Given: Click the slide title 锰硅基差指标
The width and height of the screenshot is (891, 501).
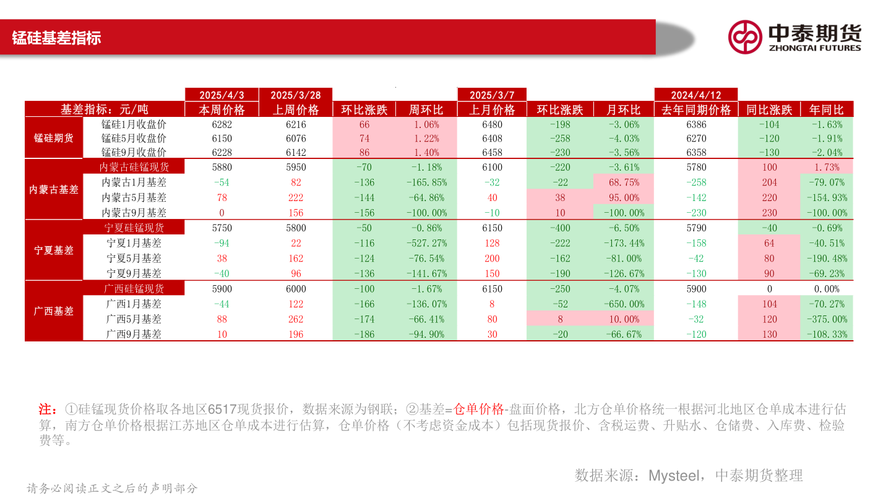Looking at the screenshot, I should pyautogui.click(x=56, y=38).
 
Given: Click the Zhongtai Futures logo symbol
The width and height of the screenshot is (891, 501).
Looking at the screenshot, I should pyautogui.click(x=744, y=37).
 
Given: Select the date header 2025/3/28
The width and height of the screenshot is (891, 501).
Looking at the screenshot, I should pyautogui.click(x=296, y=95).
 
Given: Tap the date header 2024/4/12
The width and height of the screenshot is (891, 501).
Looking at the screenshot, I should pyautogui.click(x=696, y=95).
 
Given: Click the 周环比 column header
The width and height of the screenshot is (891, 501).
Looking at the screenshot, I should pyautogui.click(x=426, y=110).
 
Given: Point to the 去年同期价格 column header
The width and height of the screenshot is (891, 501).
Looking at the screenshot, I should pyautogui.click(x=696, y=110).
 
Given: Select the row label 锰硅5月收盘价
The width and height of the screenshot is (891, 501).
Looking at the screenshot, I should pyautogui.click(x=134, y=139).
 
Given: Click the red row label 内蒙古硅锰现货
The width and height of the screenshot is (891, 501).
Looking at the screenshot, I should pyautogui.click(x=134, y=167).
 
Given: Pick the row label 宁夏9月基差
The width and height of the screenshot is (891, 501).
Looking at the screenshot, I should pyautogui.click(x=134, y=273).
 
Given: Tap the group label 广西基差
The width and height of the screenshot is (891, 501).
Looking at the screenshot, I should pyautogui.click(x=54, y=311).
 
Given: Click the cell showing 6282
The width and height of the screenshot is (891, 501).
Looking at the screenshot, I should pyautogui.click(x=222, y=124).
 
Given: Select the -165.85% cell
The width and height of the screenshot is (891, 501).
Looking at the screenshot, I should pyautogui.click(x=426, y=182).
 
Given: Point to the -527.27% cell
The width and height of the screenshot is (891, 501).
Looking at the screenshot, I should pyautogui.click(x=426, y=243).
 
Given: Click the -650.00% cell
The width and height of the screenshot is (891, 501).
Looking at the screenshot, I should pyautogui.click(x=623, y=304).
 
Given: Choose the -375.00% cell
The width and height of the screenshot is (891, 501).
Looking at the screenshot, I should pyautogui.click(x=827, y=319).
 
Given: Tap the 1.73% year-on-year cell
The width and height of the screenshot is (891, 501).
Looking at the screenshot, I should pyautogui.click(x=827, y=167).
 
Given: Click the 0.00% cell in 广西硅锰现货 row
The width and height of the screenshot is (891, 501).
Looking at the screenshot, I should pyautogui.click(x=827, y=289).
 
